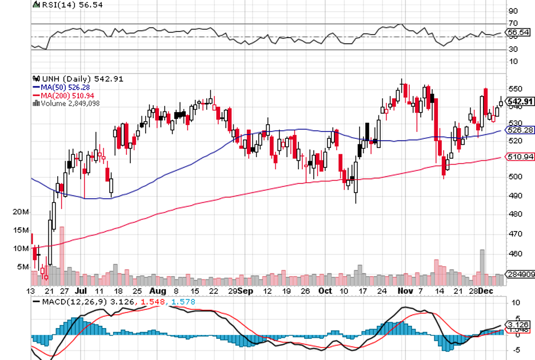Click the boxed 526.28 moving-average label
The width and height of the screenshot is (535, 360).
(520, 130)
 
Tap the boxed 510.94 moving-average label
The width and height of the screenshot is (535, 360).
(520, 157)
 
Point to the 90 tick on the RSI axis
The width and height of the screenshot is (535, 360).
(513, 11)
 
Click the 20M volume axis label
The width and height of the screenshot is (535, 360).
(21, 212)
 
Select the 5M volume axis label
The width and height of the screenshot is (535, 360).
(22, 267)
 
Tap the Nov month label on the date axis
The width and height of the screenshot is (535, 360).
(405, 290)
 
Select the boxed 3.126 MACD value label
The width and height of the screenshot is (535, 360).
(519, 324)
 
